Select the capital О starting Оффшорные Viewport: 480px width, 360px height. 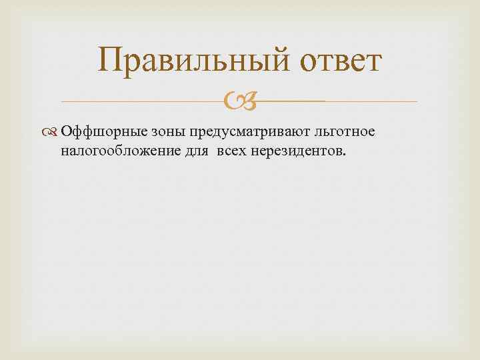tap(65, 132)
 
